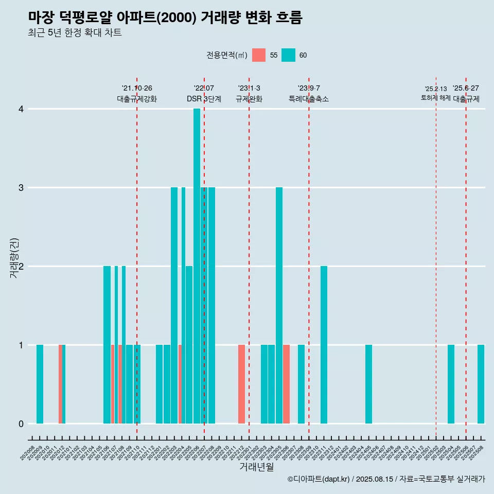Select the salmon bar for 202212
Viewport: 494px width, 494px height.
pos(241,384)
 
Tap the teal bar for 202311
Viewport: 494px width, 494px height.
pos(324,344)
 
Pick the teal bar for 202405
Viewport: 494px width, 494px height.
pos(368,384)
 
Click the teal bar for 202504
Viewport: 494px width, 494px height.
pos(451,384)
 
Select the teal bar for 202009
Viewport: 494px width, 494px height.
pos(40,384)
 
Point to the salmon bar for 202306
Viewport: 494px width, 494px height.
pos(286,384)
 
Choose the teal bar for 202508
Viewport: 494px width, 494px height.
pos(481,384)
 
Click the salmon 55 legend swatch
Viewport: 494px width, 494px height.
pos(259,55)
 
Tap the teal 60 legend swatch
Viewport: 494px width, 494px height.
pos(288,55)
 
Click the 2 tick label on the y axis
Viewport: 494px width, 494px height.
pos(21,267)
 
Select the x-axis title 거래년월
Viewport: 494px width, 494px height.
pos(256,467)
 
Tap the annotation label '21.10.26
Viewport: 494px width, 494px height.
pos(137,89)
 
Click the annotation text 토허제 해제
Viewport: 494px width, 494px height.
pos(435,98)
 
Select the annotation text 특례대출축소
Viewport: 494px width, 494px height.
pos(309,99)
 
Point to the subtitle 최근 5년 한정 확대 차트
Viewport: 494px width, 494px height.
pos(75,33)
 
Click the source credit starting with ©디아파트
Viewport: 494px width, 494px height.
pos(386,479)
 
